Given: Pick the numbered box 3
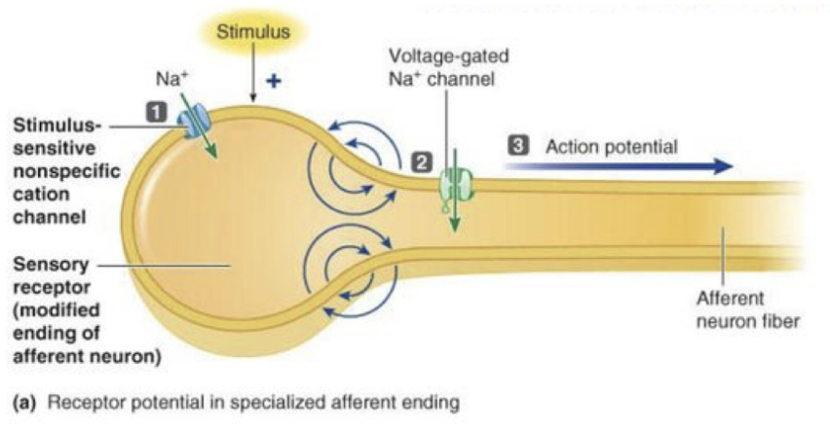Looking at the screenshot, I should [520, 146].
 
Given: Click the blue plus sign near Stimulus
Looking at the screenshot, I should [275, 81].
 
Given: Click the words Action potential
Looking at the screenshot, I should [611, 146].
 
